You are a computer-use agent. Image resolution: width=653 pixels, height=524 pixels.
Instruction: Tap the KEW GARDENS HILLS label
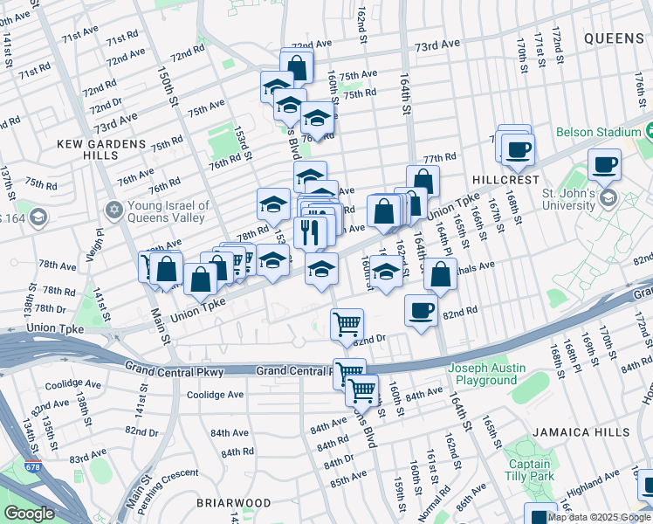click(x=88, y=148)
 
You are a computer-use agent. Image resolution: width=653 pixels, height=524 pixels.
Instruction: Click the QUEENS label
click(x=614, y=38)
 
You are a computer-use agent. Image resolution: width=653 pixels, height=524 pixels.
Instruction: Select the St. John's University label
click(x=574, y=199)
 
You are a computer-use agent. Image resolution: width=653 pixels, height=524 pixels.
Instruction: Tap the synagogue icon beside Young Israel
click(x=114, y=210)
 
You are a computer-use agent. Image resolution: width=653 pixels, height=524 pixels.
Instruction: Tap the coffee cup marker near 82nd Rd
click(x=422, y=310)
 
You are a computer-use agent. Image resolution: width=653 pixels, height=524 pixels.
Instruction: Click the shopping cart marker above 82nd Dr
click(x=347, y=323)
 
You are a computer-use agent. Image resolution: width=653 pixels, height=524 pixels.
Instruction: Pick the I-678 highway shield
click(x=32, y=466)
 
